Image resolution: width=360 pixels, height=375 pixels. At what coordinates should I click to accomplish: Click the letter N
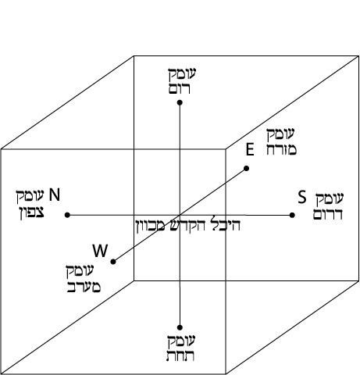pyautogui.click(x=55, y=195)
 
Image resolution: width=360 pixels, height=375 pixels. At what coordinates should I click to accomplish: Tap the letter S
pyautogui.click(x=302, y=197)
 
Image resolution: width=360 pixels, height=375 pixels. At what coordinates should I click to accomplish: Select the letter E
pyautogui.click(x=250, y=150)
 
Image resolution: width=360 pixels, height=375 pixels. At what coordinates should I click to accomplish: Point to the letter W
pyautogui.click(x=100, y=251)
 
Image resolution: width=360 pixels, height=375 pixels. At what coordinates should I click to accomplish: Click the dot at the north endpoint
pyautogui.click(x=67, y=215)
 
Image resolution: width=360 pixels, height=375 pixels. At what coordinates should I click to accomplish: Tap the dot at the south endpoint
pyautogui.click(x=292, y=215)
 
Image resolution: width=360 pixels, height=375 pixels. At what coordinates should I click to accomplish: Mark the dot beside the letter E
pyautogui.click(x=246, y=169)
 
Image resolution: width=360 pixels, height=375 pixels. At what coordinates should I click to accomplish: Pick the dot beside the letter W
pyautogui.click(x=113, y=262)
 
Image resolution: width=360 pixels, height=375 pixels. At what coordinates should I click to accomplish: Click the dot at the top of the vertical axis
pyautogui.click(x=180, y=102)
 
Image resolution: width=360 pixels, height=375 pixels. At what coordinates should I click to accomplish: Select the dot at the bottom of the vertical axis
pyautogui.click(x=180, y=327)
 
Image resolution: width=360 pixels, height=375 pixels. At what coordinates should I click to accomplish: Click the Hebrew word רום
pyautogui.click(x=180, y=89)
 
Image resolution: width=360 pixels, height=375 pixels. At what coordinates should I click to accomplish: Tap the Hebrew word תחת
pyautogui.click(x=180, y=356)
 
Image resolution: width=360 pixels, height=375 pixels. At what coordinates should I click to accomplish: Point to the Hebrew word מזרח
pyautogui.click(x=281, y=150)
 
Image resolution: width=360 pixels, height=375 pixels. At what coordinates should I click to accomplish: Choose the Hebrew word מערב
pyautogui.click(x=84, y=287)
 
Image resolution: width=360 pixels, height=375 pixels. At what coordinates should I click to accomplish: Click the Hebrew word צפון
pyautogui.click(x=33, y=212)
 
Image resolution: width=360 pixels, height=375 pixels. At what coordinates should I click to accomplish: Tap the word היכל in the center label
pyautogui.click(x=226, y=225)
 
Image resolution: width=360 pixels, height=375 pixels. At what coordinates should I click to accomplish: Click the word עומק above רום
pyautogui.click(x=182, y=74)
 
